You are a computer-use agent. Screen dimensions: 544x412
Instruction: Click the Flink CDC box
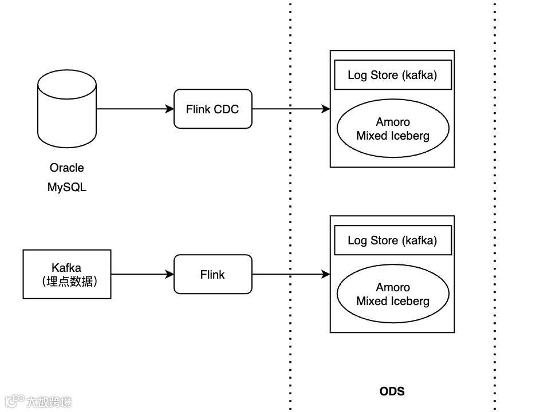point(212,109)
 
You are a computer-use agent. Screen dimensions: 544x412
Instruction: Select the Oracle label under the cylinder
point(66,168)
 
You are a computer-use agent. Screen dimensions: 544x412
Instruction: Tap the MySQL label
point(66,187)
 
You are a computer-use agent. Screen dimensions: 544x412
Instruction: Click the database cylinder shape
point(67,109)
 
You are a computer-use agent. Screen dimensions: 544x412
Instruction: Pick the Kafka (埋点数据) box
point(67,274)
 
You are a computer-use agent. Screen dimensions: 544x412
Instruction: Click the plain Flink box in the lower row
point(212,274)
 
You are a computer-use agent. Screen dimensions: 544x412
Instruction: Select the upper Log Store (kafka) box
point(393,75)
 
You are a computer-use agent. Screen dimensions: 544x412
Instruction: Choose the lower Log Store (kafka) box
point(393,240)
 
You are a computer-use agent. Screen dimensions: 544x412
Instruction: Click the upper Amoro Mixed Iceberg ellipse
point(393,128)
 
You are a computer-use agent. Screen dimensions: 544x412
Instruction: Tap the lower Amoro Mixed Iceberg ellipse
point(393,294)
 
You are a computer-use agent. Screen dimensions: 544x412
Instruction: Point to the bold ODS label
point(392,391)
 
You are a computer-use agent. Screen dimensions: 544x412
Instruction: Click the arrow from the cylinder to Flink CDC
point(135,109)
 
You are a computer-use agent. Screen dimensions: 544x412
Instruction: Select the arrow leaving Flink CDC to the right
point(291,109)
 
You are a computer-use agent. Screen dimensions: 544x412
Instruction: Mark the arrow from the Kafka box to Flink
point(143,274)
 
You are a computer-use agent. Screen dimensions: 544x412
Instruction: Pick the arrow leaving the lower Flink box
point(291,274)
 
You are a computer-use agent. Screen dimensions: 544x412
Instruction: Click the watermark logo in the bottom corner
point(38,401)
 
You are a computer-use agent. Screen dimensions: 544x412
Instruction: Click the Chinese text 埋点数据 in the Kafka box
point(70,282)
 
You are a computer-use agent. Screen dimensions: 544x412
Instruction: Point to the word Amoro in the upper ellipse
point(393,122)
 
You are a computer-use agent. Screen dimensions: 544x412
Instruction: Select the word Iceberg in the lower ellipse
point(412,302)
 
